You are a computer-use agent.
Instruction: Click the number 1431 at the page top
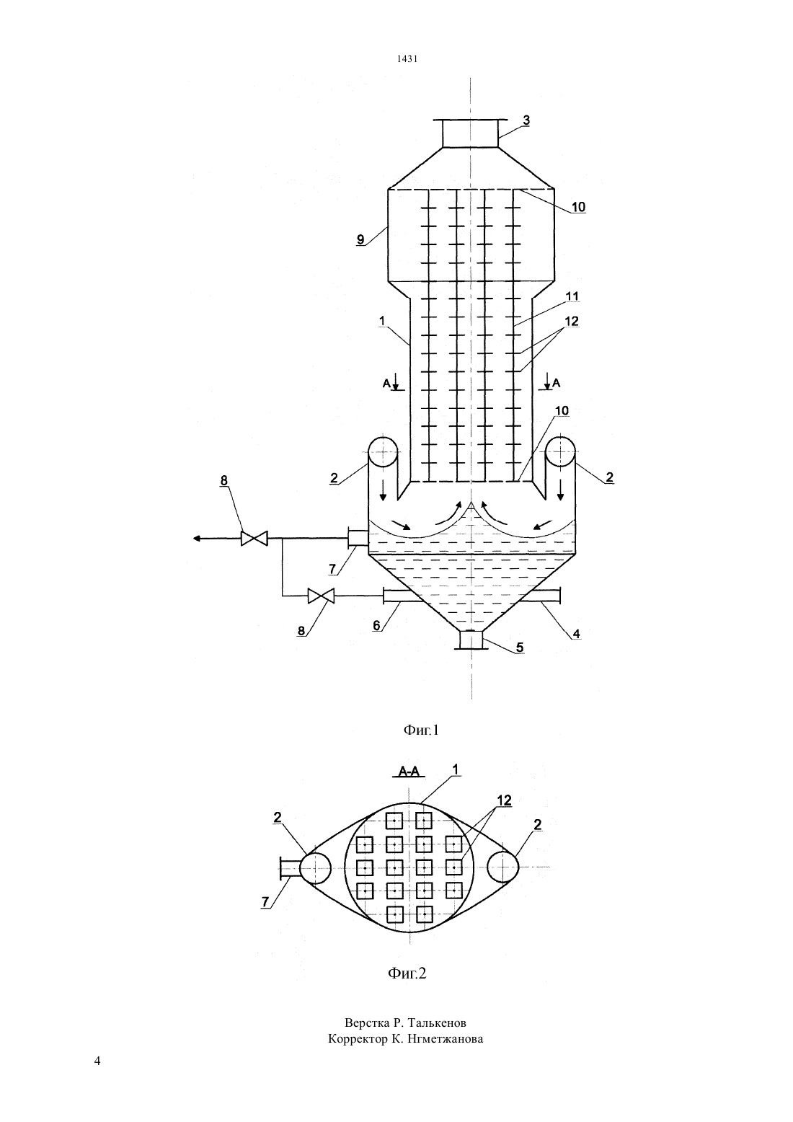tap(407, 59)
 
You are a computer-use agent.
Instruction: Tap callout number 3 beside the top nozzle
tap(526, 120)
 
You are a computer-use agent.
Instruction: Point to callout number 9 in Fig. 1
tap(360, 239)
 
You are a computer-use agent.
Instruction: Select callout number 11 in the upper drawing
tap(572, 296)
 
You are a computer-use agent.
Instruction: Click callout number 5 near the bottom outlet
tap(520, 647)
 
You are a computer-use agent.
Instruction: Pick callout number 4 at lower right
tap(576, 634)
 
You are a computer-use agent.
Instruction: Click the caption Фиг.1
tap(421, 730)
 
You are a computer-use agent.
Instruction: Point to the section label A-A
tap(409, 772)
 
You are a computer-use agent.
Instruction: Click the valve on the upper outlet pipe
tap(254, 539)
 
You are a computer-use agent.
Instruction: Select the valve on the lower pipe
tap(321, 596)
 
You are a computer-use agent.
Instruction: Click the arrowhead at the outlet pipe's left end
tap(197, 539)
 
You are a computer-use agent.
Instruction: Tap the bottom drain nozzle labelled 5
tap(471, 640)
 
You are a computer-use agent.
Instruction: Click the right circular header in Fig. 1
tap(559, 452)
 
